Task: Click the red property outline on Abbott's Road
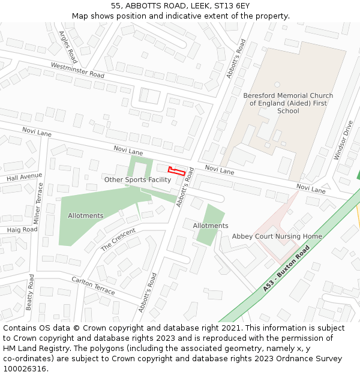[176, 171]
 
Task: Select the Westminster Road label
[77, 70]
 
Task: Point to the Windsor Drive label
[344, 140]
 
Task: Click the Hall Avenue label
[20, 178]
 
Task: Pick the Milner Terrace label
[38, 203]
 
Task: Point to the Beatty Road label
[29, 292]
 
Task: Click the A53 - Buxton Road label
[286, 268]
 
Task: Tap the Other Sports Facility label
[137, 179]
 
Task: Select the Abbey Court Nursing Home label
[277, 236]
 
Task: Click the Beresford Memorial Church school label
[288, 103]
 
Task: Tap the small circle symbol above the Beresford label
[277, 85]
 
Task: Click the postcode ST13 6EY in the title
[227, 6]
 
